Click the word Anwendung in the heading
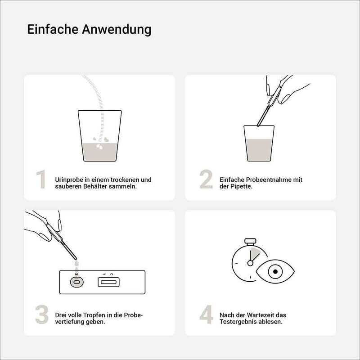tap(117, 30)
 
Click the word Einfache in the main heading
tap(53, 29)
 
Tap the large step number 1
tap(41, 179)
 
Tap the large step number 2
tap(206, 179)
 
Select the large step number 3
tap(42, 315)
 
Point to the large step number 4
tap(206, 315)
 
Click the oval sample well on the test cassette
tap(76, 282)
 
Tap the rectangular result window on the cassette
tap(108, 282)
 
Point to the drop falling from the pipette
tap(76, 263)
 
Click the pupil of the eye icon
tap(275, 272)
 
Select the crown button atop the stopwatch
tap(250, 241)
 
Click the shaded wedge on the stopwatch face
tap(254, 253)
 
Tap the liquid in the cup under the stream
tap(100, 152)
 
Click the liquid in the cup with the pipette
tap(259, 150)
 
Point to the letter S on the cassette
tap(76, 274)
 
